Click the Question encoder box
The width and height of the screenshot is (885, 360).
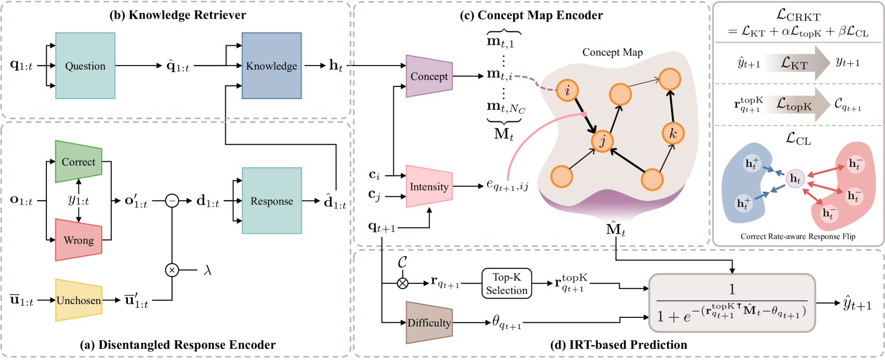pos(85,66)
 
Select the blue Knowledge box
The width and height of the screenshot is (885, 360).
pos(272,66)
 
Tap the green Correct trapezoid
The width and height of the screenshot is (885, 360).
pos(78,162)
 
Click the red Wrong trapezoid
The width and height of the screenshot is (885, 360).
pos(78,240)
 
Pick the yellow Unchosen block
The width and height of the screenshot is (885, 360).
pos(78,300)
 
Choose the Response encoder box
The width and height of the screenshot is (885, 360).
pos(272,201)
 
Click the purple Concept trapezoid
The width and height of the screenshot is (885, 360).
pos(429,76)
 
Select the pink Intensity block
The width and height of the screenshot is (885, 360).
pos(429,186)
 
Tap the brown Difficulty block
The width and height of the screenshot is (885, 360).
pos(429,323)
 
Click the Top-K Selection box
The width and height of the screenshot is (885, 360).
pos(507,283)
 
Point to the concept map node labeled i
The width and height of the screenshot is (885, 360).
pos(567,91)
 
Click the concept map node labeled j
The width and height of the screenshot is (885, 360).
pos(603,141)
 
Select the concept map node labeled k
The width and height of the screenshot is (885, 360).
pos(672,133)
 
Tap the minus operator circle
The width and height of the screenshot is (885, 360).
pos(172,201)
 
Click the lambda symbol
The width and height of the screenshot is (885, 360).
pos(208,271)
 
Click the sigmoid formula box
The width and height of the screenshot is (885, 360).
pos(732,303)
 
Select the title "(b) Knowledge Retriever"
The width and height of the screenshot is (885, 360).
pos(178,15)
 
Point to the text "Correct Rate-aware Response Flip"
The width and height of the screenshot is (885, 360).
pos(798,236)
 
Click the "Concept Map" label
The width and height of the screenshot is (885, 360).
pos(612,52)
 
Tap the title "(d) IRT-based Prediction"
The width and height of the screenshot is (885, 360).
pos(618,345)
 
